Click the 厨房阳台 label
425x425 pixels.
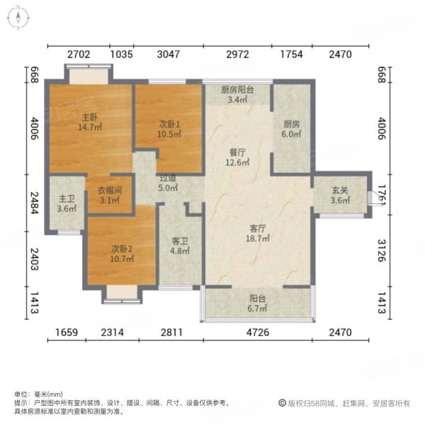pos(237,90)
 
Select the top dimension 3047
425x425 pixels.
pos(167,54)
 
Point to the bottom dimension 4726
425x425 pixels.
pos(258,331)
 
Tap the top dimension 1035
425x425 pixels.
pos(122,54)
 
